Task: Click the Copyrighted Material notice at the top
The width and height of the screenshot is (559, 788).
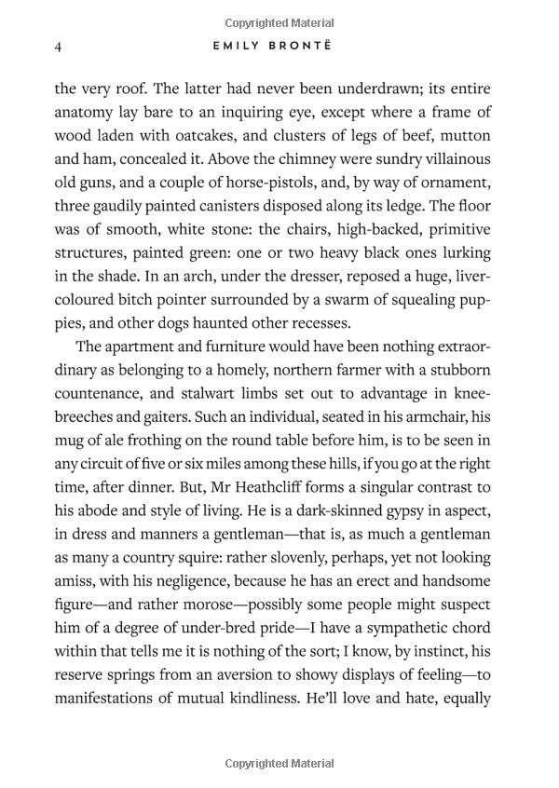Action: pyautogui.click(x=279, y=22)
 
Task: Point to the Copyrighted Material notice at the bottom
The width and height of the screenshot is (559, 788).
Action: pyautogui.click(x=279, y=764)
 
